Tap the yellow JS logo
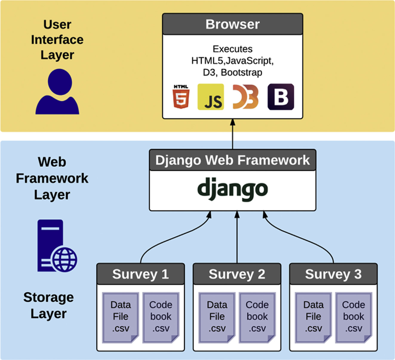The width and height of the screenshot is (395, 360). (x=211, y=97)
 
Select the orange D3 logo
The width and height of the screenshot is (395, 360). (x=245, y=97)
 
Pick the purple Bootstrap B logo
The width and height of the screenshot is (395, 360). (x=281, y=97)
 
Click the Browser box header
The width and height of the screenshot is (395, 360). (x=232, y=24)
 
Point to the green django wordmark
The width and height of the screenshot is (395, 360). (x=232, y=189)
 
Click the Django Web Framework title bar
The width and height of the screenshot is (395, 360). (x=232, y=160)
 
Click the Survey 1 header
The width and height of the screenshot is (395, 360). (x=140, y=274)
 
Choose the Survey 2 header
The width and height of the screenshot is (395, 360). (x=237, y=274)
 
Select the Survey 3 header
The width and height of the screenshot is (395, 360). (x=333, y=274)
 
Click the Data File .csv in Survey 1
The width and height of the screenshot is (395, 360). (x=120, y=316)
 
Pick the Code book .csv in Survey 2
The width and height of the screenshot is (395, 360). (x=257, y=316)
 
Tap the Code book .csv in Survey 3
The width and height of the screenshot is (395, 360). (x=353, y=316)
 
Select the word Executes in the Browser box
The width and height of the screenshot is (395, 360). (x=232, y=49)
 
